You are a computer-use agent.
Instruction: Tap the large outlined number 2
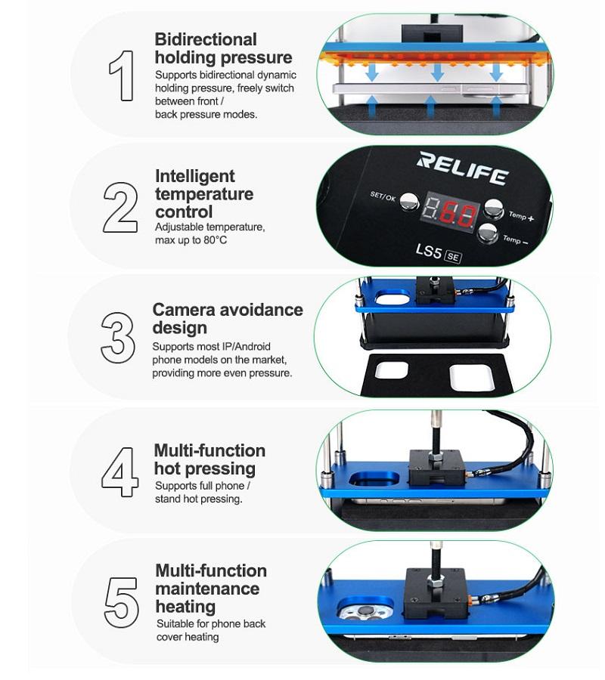click(120, 207)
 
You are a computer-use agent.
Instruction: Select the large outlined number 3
click(118, 338)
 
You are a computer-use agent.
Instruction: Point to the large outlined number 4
click(119, 471)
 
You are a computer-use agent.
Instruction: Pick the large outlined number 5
click(121, 602)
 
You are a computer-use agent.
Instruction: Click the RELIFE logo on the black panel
click(462, 168)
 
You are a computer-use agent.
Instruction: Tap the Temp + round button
click(494, 209)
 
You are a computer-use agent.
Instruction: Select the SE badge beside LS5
click(453, 257)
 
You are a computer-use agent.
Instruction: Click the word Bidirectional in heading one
click(206, 39)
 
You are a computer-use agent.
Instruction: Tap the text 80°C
click(216, 240)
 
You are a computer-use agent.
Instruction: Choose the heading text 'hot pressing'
click(205, 468)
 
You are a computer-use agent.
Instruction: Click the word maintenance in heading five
click(207, 589)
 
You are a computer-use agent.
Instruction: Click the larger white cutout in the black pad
click(471, 377)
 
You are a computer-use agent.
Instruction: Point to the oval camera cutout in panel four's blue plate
click(374, 480)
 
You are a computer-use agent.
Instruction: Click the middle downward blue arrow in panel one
click(437, 72)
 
